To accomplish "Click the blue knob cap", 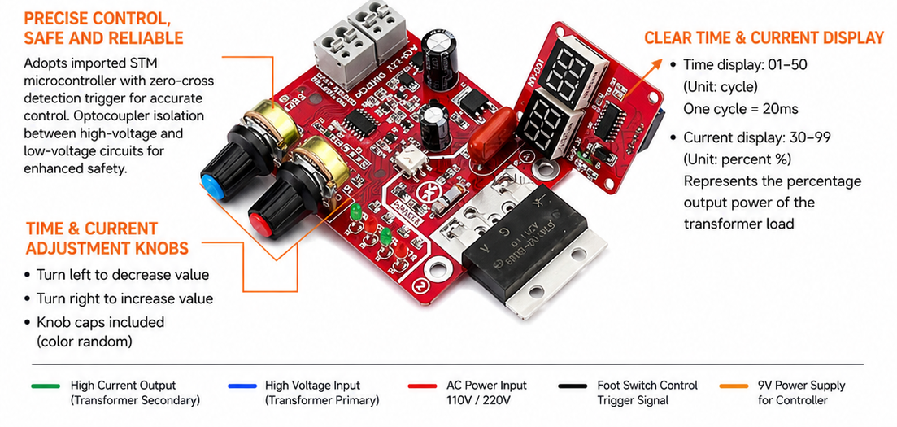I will click(x=214, y=186).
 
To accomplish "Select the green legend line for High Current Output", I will click(x=46, y=386).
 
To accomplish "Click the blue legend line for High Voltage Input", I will click(x=242, y=386).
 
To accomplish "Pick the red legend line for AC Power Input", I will click(x=422, y=386).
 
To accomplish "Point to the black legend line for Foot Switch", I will click(x=573, y=386).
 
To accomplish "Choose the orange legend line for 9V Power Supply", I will click(x=734, y=386).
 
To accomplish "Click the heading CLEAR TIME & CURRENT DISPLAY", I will click(x=764, y=38).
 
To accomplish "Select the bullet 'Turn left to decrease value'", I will click(x=122, y=275).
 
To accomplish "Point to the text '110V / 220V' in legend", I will click(x=479, y=400).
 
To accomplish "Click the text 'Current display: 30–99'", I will click(x=756, y=138).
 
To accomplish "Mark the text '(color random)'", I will click(x=84, y=342).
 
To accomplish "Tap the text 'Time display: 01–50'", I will click(x=745, y=65).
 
